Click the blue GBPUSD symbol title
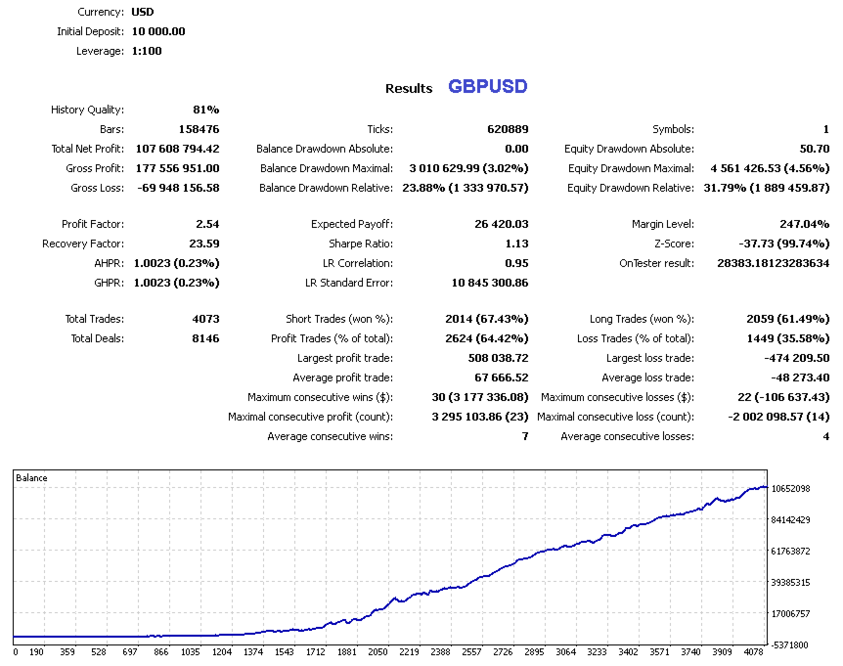point(488,86)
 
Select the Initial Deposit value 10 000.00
point(158,31)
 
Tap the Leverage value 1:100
point(148,51)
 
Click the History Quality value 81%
point(206,111)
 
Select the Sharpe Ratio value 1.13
point(516,244)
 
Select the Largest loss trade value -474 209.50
point(788,358)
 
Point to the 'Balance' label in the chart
point(32,478)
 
